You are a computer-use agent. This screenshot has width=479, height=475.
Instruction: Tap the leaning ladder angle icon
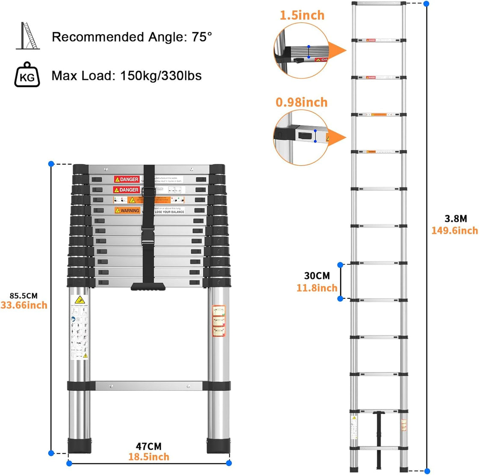[27, 36]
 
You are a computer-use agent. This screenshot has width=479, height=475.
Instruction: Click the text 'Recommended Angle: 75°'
[132, 37]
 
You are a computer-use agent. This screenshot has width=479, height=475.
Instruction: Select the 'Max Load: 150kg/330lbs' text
[127, 76]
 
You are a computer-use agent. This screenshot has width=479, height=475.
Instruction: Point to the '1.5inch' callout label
[302, 15]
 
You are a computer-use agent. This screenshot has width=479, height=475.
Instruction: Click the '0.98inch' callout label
[302, 103]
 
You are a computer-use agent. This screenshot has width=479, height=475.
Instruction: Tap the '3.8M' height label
[455, 219]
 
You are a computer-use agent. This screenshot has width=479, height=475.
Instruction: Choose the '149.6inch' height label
[454, 231]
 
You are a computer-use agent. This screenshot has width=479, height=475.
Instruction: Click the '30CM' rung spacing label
[317, 276]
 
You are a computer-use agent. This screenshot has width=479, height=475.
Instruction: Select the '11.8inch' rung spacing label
[317, 288]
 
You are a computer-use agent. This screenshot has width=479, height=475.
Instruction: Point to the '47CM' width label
[149, 447]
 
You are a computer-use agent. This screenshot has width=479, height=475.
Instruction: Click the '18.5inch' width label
[149, 457]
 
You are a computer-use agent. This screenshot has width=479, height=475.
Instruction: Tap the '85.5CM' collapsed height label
[24, 296]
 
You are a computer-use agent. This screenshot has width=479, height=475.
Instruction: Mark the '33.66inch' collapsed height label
[24, 305]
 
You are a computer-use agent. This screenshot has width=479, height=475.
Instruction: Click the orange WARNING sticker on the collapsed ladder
[127, 211]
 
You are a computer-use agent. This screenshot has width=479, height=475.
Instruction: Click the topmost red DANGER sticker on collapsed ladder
[127, 179]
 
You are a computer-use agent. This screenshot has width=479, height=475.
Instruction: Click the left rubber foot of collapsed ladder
[80, 445]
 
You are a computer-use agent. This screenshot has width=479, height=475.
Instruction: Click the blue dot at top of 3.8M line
[426, 3]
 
